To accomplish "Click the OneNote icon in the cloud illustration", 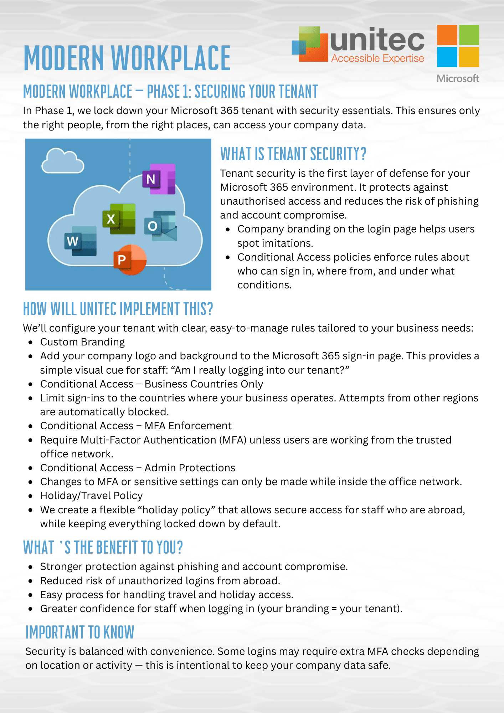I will [159, 179].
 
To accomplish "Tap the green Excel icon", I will [119, 219].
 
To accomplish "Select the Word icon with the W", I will [81, 241].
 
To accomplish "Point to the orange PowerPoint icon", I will [130, 259].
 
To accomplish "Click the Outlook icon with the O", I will [160, 226].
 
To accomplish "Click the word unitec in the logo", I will [377, 40].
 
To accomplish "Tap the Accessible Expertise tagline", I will [377, 58].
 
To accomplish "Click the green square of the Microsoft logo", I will [469, 35].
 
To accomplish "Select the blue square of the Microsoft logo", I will [447, 57].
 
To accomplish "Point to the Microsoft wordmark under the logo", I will [458, 78].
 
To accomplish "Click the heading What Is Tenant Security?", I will [293, 154].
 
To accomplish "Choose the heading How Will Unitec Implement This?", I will [118, 309].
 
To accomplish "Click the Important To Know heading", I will [80, 632].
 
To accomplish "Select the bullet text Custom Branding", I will [82, 342].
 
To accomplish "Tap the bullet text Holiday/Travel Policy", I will [91, 496].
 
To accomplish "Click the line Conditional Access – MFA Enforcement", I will [136, 426].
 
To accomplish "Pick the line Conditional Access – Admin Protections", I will [138, 468].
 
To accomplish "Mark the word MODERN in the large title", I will [65, 58].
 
